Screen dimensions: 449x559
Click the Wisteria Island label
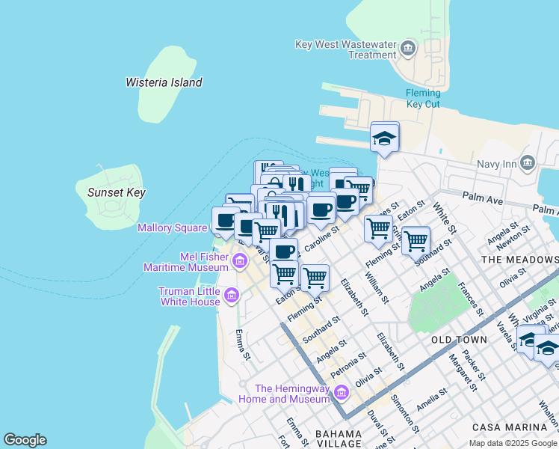[164, 82]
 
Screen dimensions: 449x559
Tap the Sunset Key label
[116, 192]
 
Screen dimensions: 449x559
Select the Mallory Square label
[172, 227]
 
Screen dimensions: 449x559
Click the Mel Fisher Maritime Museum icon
[239, 261]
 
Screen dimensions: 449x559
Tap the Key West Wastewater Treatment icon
[408, 49]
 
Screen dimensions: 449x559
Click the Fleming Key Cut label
[422, 98]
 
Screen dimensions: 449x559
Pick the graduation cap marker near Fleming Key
[385, 138]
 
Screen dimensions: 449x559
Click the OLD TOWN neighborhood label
[459, 340]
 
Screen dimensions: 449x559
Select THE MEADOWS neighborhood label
[520, 259]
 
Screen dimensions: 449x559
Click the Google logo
[25, 440]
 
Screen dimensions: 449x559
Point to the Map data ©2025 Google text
[513, 443]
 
